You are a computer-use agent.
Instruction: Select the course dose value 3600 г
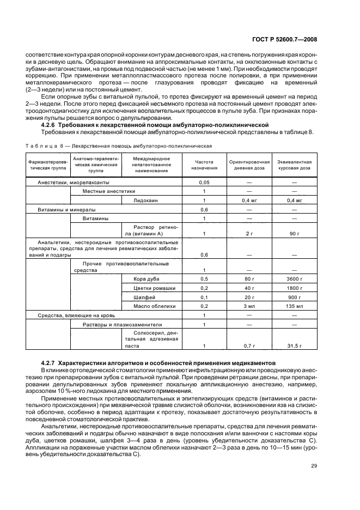coord(294,278)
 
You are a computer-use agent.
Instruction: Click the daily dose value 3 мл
coord(249,306)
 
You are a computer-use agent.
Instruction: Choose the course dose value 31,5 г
coord(294,345)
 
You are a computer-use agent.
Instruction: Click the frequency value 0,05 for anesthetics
coord(204,182)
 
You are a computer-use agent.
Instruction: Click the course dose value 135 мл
coord(294,306)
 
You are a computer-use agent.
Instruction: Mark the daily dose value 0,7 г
coord(249,345)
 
